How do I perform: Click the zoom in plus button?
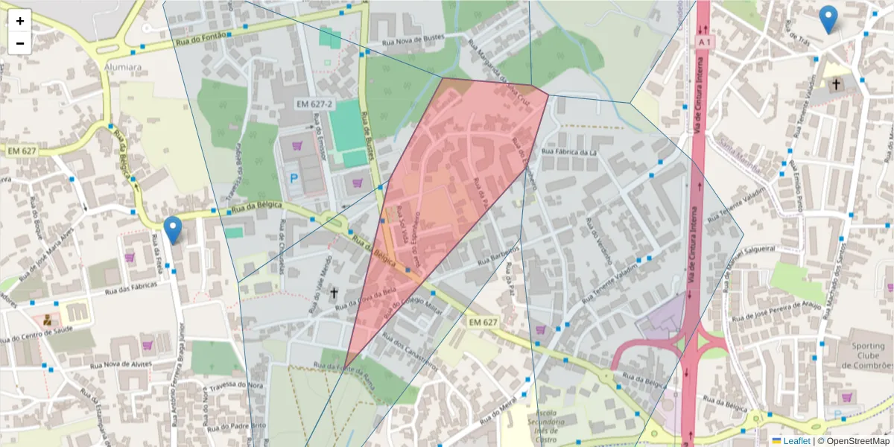coord(20,21)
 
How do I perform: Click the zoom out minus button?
coord(20,43)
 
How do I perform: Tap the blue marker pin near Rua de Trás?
coord(828,19)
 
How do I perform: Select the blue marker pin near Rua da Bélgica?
coord(173,230)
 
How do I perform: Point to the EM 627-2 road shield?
coord(313,103)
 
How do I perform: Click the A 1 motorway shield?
coord(703,43)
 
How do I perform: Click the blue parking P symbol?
coord(294,179)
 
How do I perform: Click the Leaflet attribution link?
coord(796,441)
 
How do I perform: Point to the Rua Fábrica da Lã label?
coord(570,152)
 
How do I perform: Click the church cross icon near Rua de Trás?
coord(836,84)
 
